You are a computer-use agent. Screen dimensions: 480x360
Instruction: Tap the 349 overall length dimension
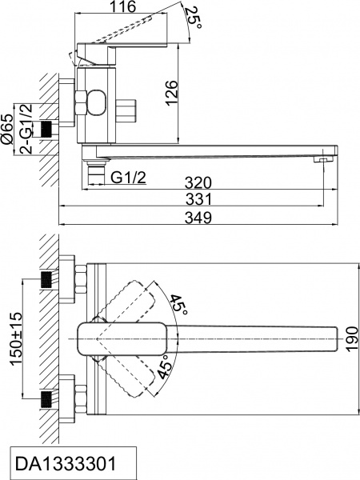199,218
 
